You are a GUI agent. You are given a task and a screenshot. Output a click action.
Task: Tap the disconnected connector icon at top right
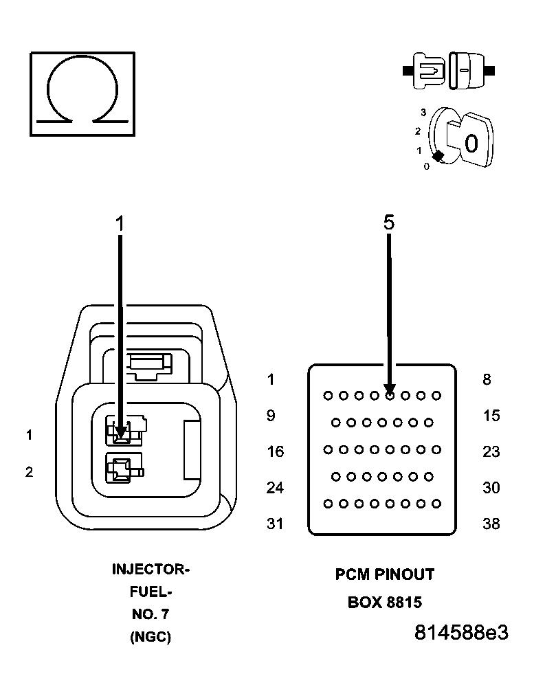[x=448, y=70]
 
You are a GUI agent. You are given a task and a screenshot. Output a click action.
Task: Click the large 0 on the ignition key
[x=471, y=144]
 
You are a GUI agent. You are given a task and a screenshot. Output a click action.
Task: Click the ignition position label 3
[x=424, y=112]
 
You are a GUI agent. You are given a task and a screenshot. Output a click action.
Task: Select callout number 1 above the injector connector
[x=120, y=223]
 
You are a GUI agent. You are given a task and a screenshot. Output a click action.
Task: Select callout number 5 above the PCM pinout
[x=389, y=222]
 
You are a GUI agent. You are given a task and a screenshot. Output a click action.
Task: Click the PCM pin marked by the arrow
[x=390, y=396]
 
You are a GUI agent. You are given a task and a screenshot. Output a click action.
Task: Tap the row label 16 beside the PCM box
[x=275, y=451]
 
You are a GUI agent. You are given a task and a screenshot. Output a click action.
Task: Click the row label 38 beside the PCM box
[x=491, y=524]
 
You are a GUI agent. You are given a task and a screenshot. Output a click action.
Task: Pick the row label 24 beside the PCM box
[x=275, y=488]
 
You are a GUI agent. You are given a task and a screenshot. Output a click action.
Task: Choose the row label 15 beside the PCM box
[x=491, y=416]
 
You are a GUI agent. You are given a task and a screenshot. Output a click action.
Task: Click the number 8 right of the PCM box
[x=487, y=379]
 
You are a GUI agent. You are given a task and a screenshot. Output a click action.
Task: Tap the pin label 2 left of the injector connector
[x=29, y=472]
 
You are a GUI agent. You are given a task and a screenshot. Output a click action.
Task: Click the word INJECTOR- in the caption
[x=151, y=570]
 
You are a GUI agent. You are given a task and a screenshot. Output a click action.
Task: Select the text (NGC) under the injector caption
[x=150, y=637]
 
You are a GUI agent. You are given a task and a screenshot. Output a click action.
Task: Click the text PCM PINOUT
[x=385, y=574]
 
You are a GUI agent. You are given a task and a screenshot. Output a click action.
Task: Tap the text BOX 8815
[x=385, y=603]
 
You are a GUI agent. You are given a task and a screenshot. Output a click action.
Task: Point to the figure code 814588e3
[x=461, y=633]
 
